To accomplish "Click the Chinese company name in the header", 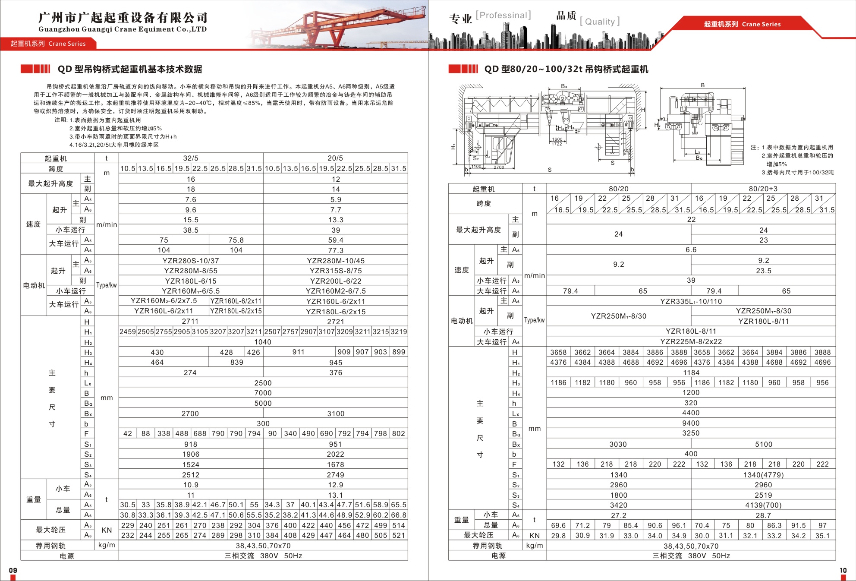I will click(x=123, y=17).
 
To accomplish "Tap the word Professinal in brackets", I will click(x=503, y=15).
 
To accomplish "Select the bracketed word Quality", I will click(x=600, y=22).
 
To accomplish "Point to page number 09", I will click(x=13, y=570).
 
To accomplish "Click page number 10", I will click(x=843, y=570).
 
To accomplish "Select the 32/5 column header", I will click(x=191, y=158).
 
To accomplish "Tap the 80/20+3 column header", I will click(x=763, y=189).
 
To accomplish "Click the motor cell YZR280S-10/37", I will click(x=191, y=261).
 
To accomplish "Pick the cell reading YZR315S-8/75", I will click(x=336, y=271).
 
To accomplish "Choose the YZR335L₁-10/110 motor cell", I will click(x=691, y=301).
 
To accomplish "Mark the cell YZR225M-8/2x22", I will click(x=691, y=341).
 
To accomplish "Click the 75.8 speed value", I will click(x=236, y=240).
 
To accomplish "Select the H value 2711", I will click(x=190, y=321).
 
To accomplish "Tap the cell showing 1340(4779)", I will click(x=763, y=475).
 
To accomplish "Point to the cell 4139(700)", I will click(x=763, y=505).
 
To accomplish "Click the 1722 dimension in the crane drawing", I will click(x=557, y=144).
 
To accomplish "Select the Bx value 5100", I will click(x=763, y=444).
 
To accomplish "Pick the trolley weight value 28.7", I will click(x=763, y=515).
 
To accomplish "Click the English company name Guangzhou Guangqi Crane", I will click(x=123, y=29).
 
